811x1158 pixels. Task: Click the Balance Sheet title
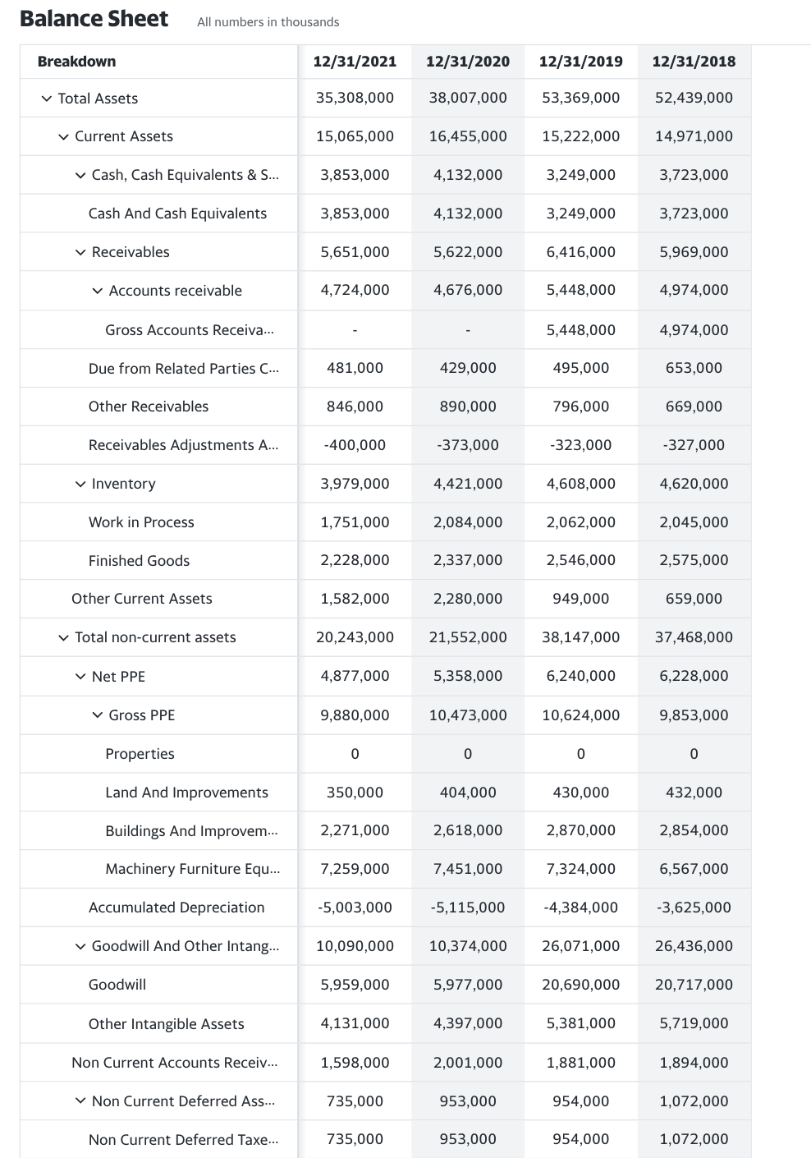pyautogui.click(x=94, y=19)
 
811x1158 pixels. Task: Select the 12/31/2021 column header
pyautogui.click(x=355, y=62)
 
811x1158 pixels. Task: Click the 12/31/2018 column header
pyautogui.click(x=694, y=62)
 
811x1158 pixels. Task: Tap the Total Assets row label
pyautogui.click(x=98, y=99)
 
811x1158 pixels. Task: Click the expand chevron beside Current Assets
pyautogui.click(x=63, y=136)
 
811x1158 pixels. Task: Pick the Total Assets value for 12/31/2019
pyautogui.click(x=580, y=98)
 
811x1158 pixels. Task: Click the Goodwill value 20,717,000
pyautogui.click(x=694, y=985)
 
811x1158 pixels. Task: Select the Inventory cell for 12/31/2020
pyautogui.click(x=467, y=484)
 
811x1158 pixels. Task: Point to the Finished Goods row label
pyautogui.click(x=139, y=561)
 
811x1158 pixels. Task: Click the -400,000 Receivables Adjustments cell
pyautogui.click(x=355, y=445)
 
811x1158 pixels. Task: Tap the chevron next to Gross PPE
pyautogui.click(x=98, y=715)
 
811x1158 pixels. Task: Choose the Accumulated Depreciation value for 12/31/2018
pyautogui.click(x=694, y=908)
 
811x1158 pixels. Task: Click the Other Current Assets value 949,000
pyautogui.click(x=580, y=599)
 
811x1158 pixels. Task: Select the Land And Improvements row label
pyautogui.click(x=186, y=793)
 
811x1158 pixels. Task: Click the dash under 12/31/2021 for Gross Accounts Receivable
pyautogui.click(x=355, y=330)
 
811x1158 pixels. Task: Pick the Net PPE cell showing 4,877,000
pyautogui.click(x=355, y=676)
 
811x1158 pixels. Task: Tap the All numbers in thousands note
pyautogui.click(x=268, y=22)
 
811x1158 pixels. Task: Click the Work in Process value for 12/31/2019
pyautogui.click(x=580, y=522)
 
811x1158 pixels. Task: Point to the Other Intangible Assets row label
pyautogui.click(x=166, y=1024)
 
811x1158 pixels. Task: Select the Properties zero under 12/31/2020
pyautogui.click(x=467, y=754)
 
